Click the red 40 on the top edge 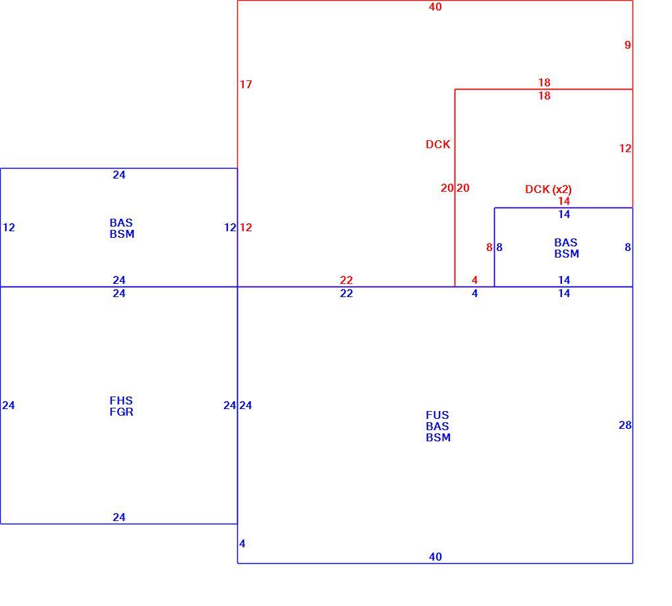point(435,7)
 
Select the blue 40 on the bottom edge point(435,557)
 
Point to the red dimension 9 point(627,45)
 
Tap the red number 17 point(246,84)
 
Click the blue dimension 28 point(625,425)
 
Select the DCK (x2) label point(548,190)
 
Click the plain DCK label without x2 point(438,144)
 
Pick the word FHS point(121,400)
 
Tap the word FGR point(121,412)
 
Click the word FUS point(437,415)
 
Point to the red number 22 point(347,281)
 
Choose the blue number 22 point(347,294)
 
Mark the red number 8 point(489,247)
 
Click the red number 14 point(564,201)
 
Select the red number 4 point(474,281)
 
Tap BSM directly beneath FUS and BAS point(438,437)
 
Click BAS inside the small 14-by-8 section point(566,242)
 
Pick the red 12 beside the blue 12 point(246,227)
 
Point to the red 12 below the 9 point(625,149)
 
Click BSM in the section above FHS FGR point(122,234)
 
